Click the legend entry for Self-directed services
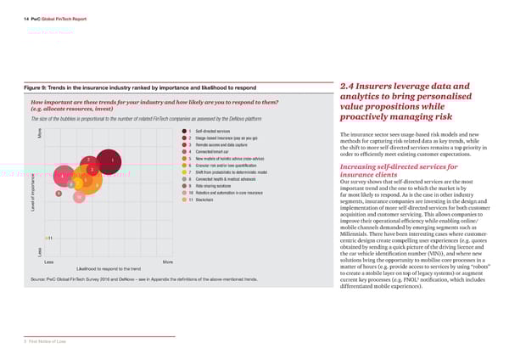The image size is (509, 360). pyautogui.click(x=208, y=132)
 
